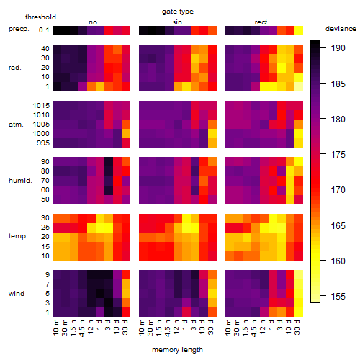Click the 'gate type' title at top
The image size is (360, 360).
(x=178, y=12)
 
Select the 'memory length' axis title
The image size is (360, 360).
(x=178, y=350)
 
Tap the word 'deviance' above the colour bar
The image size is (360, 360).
(x=341, y=29)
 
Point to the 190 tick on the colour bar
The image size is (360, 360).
(x=338, y=48)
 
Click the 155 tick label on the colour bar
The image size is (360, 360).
(x=338, y=297)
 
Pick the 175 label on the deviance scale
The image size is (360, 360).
(x=338, y=154)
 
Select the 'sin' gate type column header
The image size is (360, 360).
(x=177, y=22)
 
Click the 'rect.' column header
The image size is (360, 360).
(x=262, y=22)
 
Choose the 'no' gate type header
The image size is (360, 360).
(x=93, y=22)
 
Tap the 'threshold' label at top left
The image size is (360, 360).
(x=40, y=17)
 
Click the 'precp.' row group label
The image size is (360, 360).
(x=19, y=29)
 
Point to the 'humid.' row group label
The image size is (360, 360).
(x=20, y=181)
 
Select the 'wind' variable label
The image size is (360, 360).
(x=17, y=294)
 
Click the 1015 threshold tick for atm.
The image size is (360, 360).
(x=41, y=106)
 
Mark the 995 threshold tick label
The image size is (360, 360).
(x=43, y=143)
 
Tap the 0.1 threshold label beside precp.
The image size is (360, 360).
(x=44, y=30)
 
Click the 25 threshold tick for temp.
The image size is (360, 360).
(x=45, y=228)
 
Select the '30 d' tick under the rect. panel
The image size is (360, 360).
(x=297, y=327)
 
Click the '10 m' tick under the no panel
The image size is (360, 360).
(x=55, y=328)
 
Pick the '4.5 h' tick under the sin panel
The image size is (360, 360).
(x=168, y=328)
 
